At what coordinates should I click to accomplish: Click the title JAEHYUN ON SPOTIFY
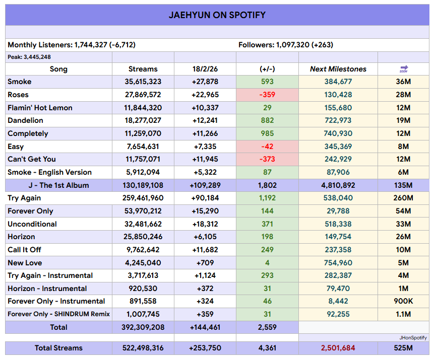pos(217,15)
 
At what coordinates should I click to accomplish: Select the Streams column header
pos(143,69)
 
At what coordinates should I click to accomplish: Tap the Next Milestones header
pos(338,69)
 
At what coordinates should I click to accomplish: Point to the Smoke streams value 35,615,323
pos(143,82)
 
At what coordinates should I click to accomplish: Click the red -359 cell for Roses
pos(267,95)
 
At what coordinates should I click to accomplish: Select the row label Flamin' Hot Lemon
pos(40,108)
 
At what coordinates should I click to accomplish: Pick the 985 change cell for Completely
pos(267,133)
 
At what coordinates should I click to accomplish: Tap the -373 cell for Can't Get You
pos(267,159)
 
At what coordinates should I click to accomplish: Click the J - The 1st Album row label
pos(58,185)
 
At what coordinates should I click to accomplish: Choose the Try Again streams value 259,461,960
pos(143,198)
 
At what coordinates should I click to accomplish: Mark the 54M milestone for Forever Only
pos(404,211)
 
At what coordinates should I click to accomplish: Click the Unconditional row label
pos(32,224)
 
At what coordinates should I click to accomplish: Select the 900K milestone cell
pos(404,301)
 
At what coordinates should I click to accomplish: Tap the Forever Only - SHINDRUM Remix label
pos(58,314)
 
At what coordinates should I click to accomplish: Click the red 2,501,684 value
pos(338,348)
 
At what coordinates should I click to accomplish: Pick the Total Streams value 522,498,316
pos(143,348)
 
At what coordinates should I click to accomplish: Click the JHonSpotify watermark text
pos(413,337)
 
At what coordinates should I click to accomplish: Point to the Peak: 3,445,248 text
pos(29,57)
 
